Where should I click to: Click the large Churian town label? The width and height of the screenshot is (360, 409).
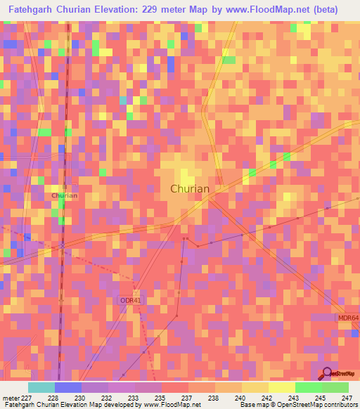point(190,188)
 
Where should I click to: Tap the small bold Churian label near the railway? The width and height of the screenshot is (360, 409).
point(64,195)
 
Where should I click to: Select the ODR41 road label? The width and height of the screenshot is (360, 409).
point(131,300)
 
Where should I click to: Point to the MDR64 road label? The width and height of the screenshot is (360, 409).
point(347,318)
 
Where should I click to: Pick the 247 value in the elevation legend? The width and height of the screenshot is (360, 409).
point(347,398)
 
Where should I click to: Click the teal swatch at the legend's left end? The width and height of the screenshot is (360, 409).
point(41,387)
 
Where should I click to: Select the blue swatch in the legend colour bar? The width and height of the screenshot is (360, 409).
point(67,387)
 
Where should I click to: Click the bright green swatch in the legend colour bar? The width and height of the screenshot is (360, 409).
point(308,387)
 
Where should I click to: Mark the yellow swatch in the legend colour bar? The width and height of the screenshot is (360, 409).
point(281,387)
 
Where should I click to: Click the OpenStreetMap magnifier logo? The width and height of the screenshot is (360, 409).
point(326,373)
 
